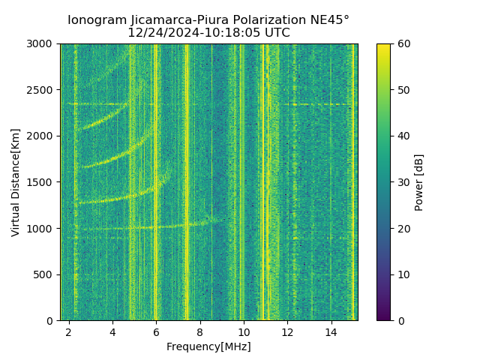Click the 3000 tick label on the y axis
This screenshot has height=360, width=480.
coord(42,43)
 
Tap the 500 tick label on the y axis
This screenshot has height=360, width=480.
coord(45,274)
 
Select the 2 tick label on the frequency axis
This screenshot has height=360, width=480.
coord(69,331)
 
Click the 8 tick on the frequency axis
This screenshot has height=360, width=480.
coord(200,320)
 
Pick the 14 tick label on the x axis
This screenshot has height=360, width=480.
coord(331,331)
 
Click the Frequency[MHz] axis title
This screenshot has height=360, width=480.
coord(208,346)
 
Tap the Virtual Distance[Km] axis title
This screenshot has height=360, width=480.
coord(16,182)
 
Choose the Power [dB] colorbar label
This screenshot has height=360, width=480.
coord(419,182)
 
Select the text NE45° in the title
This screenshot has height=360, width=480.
coord(328,20)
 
